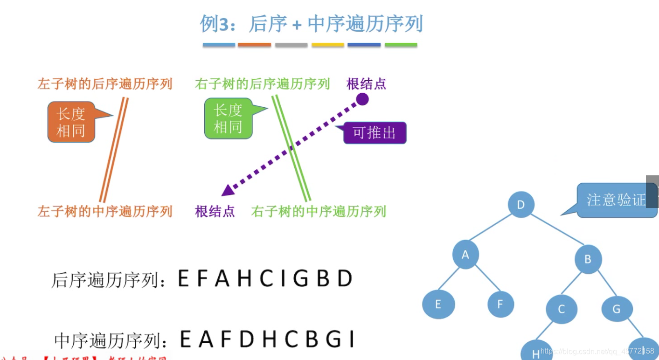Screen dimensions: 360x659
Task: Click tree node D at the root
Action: (520, 204)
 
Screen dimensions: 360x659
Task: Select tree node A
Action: (465, 255)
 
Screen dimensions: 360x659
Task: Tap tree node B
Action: (588, 259)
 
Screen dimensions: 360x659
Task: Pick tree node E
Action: (438, 305)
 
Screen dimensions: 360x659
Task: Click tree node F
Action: (500, 305)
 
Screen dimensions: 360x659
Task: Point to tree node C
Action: (562, 309)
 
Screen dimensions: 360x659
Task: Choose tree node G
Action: (617, 309)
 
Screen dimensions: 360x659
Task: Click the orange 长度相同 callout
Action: (71, 122)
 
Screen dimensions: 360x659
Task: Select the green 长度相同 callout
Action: (228, 118)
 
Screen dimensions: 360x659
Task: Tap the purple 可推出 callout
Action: (375, 133)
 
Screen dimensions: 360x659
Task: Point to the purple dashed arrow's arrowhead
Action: (228, 190)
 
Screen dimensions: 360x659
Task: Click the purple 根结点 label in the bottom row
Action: (215, 212)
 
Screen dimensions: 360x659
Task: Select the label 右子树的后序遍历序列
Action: (262, 84)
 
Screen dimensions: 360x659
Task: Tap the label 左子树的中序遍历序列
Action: (105, 212)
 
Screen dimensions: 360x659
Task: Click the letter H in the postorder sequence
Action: (244, 279)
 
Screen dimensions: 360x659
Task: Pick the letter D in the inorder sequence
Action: (247, 339)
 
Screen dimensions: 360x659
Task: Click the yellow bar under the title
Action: (328, 45)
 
